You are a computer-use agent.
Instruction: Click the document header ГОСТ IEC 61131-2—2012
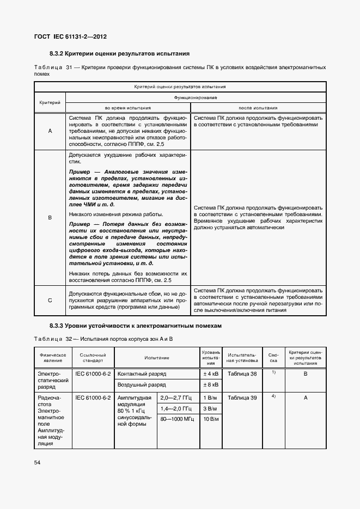coord(70,36)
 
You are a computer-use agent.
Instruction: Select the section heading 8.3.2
coord(119,54)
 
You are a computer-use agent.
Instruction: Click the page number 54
coord(38,462)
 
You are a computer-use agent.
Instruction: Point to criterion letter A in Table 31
coord(50,131)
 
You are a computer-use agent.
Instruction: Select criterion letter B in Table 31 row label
coord(50,217)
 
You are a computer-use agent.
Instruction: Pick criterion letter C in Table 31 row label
coord(50,300)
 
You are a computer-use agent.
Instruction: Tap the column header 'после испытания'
coord(259,107)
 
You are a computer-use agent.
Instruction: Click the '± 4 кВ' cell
coord(211,374)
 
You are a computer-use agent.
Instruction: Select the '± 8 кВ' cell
coord(211,385)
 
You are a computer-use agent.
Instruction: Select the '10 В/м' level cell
coord(211,419)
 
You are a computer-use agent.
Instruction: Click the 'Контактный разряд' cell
coord(142,374)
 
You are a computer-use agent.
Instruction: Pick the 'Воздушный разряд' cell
coord(142,385)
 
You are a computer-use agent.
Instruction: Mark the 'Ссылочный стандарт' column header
coord(94,358)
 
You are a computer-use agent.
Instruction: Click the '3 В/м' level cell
coord(211,408)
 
